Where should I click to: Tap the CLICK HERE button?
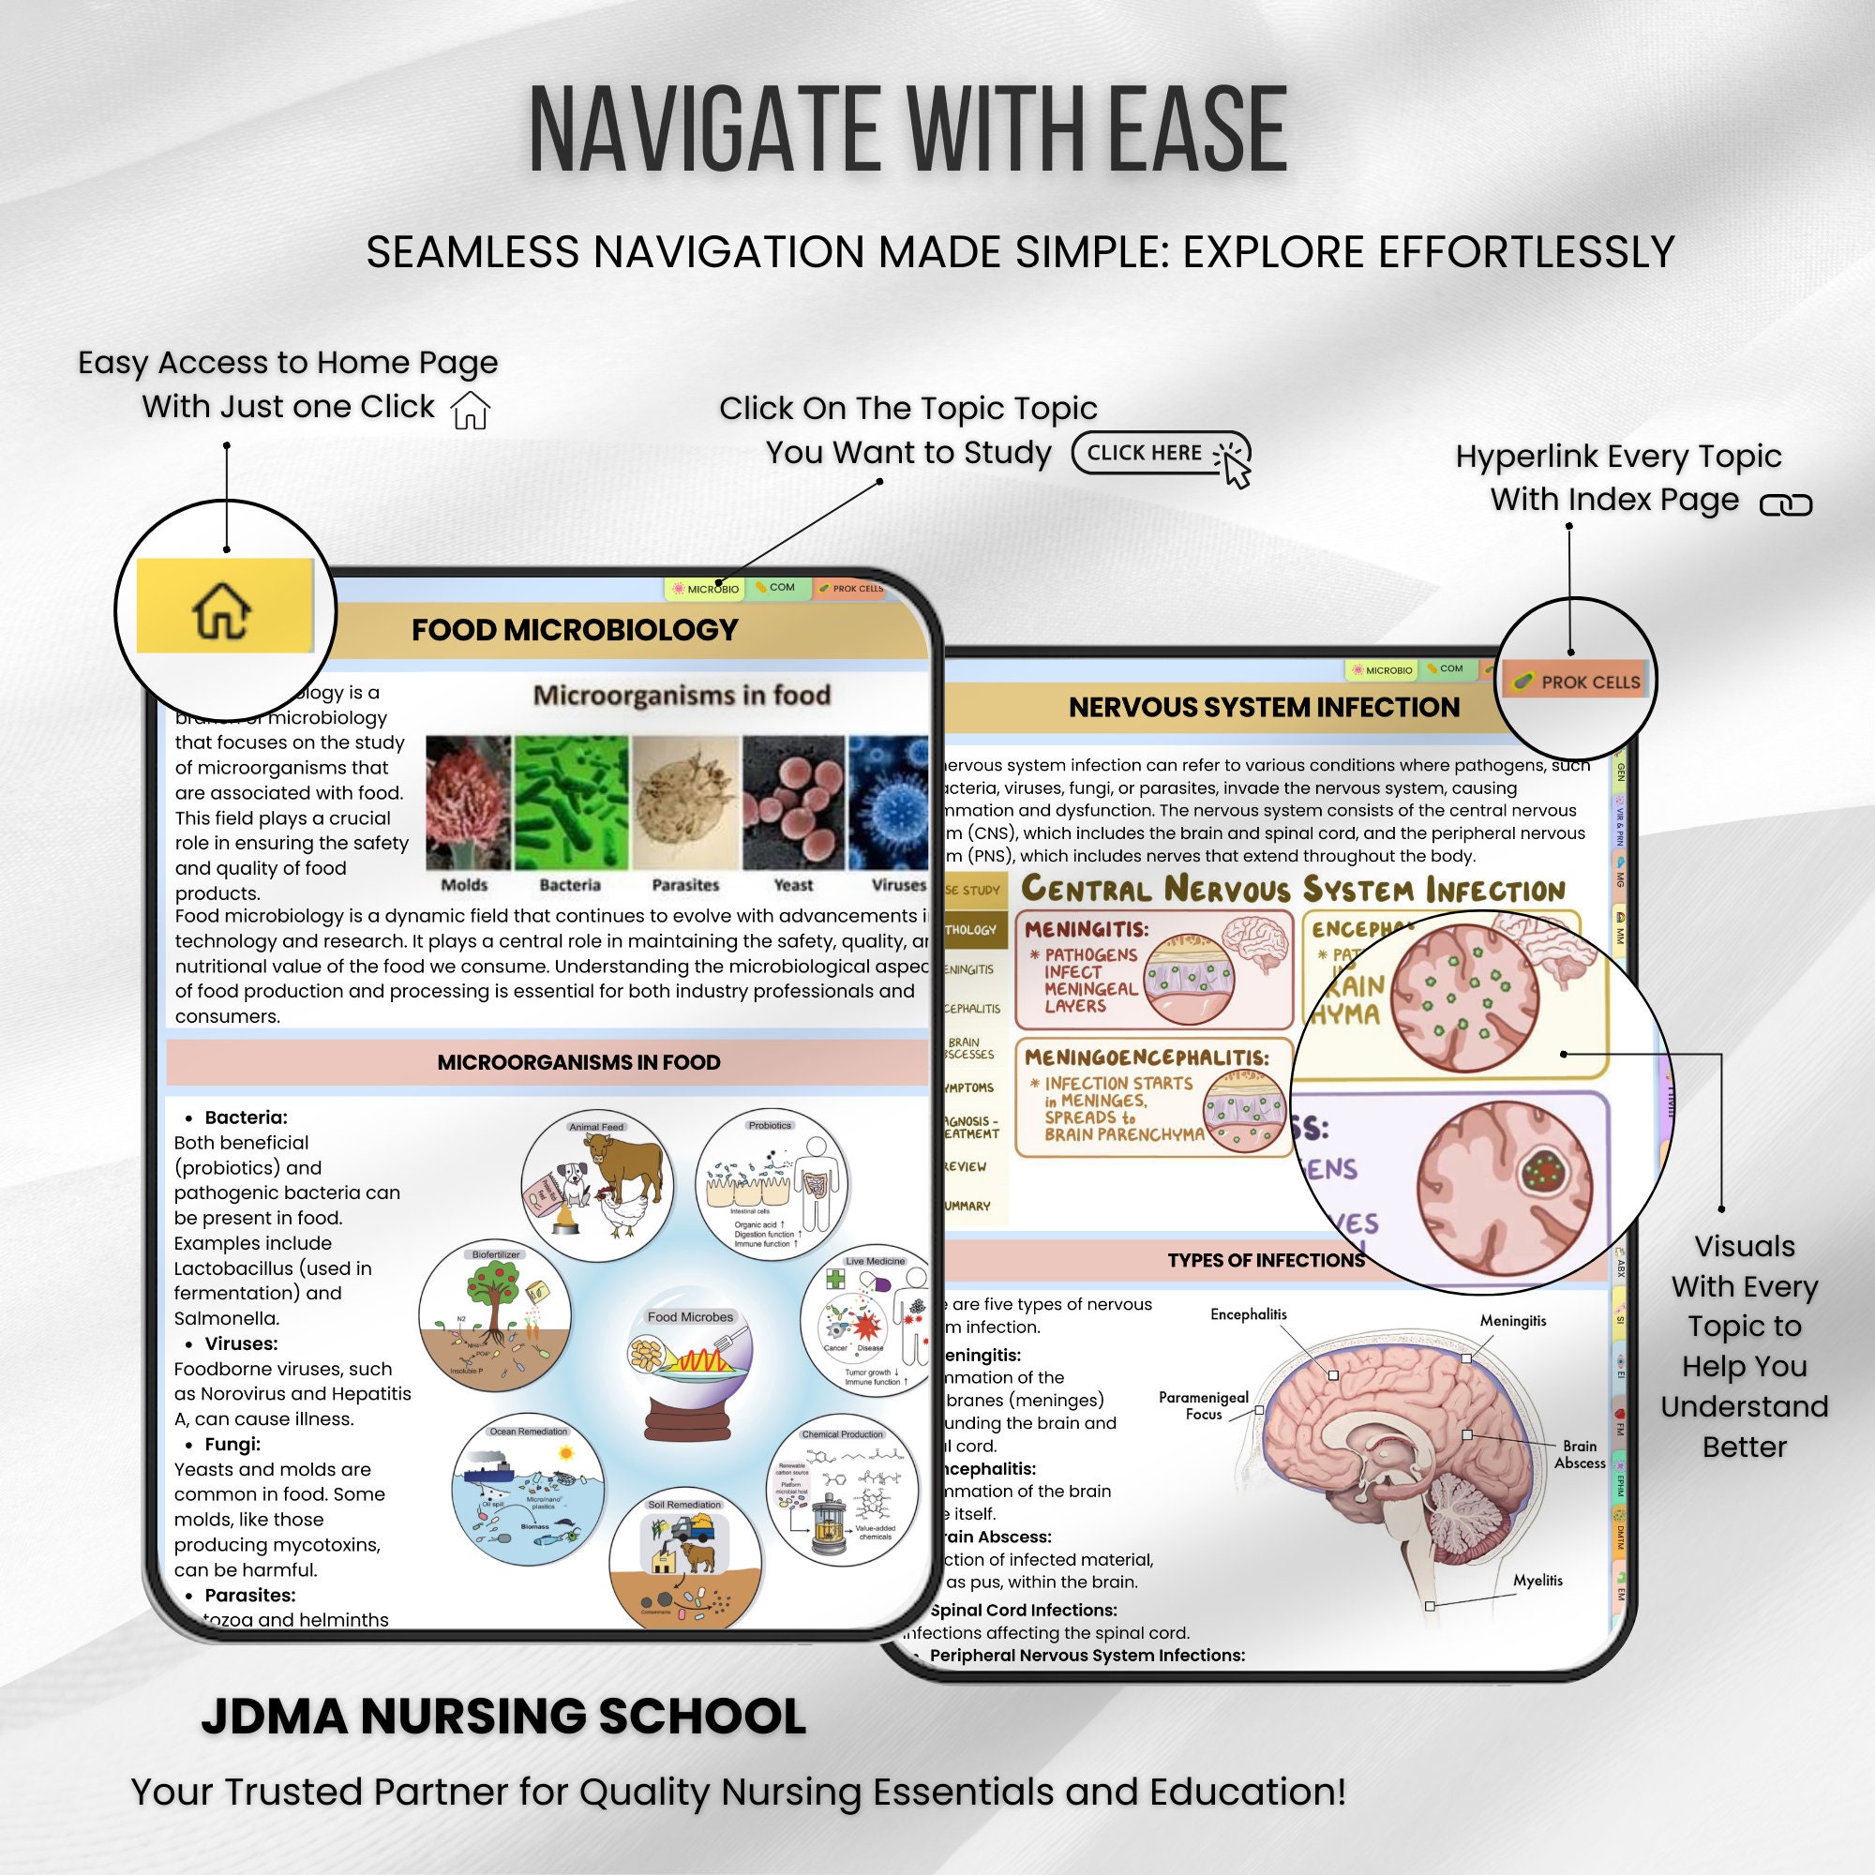click(x=1161, y=453)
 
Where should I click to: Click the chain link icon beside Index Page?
click(x=1786, y=504)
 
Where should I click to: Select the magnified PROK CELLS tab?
click(x=1578, y=682)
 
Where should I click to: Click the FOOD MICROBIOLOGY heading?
click(x=575, y=630)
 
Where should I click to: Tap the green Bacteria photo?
click(x=571, y=802)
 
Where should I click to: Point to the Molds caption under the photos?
click(x=464, y=885)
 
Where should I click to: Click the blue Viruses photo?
click(x=887, y=802)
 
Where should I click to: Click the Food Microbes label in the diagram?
click(x=690, y=1317)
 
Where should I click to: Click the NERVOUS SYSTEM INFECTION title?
click(x=1264, y=708)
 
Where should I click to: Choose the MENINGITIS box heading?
click(x=1086, y=929)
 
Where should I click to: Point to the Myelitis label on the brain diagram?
click(x=1538, y=1580)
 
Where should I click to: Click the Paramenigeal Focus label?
click(x=1204, y=1405)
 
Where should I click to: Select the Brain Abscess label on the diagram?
click(x=1580, y=1454)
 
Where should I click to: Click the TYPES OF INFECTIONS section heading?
click(x=1266, y=1261)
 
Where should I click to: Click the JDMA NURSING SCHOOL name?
click(x=502, y=1716)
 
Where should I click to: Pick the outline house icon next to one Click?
click(x=471, y=410)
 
